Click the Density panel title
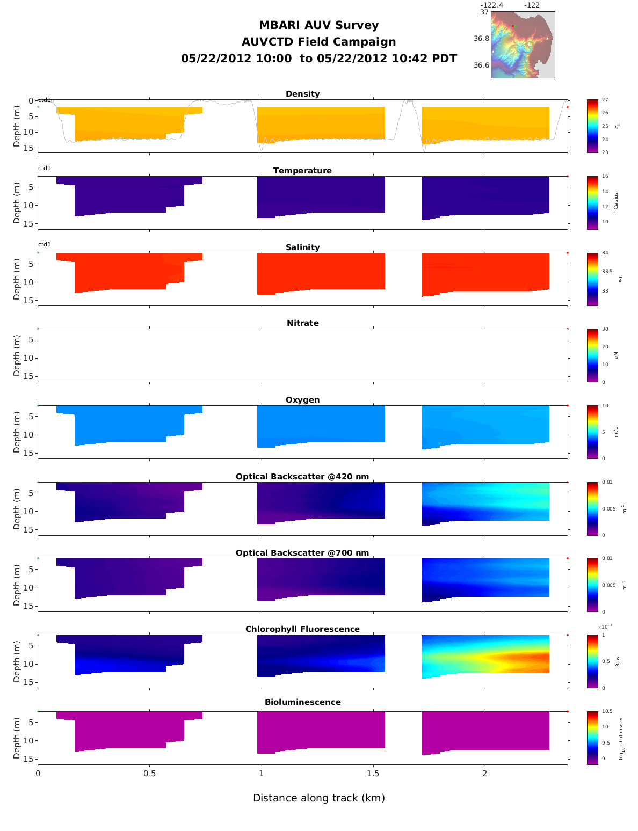click(302, 94)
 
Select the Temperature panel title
click(302, 171)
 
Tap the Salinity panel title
click(302, 247)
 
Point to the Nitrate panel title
click(302, 323)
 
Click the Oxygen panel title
click(302, 400)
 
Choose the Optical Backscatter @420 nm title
click(302, 477)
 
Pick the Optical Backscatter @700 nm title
click(302, 553)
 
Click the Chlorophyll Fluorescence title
click(302, 629)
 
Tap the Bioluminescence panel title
click(302, 702)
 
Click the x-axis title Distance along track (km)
click(319, 798)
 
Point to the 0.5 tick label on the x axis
click(149, 774)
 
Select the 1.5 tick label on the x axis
click(373, 774)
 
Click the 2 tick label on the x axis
click(485, 774)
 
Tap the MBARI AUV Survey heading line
click(319, 25)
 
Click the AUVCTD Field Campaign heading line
click(319, 42)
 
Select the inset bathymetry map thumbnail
click(523, 45)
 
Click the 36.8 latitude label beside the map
click(481, 39)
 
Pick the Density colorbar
click(592, 126)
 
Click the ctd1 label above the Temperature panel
click(45, 169)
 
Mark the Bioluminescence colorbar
click(592, 738)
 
